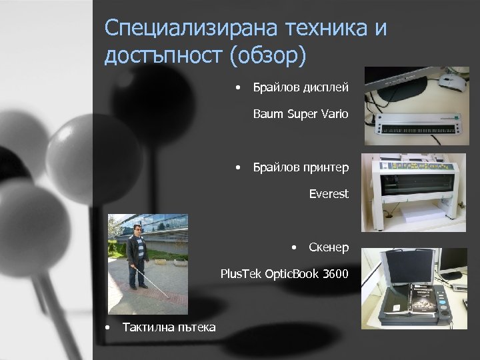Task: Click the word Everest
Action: pyautogui.click(x=329, y=194)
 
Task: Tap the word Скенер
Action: pyautogui.click(x=329, y=248)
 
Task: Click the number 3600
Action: pyautogui.click(x=333, y=273)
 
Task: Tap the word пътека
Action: pyautogui.click(x=195, y=327)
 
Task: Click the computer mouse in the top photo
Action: pyautogui.click(x=451, y=83)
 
